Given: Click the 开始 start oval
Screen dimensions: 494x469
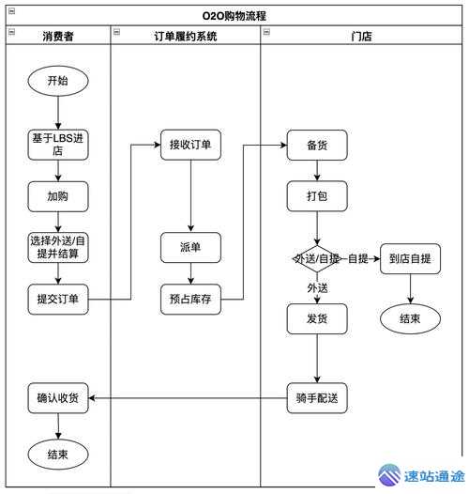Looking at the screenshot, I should pos(57,81).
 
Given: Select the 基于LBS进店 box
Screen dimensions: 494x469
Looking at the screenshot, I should pos(57,145).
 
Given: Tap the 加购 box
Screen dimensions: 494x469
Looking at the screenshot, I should pos(57,197).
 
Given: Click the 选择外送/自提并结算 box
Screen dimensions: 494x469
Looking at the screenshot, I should pos(57,247).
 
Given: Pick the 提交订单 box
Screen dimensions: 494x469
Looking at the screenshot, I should pos(57,300).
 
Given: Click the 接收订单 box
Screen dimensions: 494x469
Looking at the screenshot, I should pos(190,145).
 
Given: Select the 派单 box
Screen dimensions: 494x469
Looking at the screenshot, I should pos(190,248).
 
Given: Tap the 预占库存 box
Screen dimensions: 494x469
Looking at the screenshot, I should pos(190,300).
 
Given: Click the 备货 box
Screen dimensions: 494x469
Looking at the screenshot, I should pos(317,146).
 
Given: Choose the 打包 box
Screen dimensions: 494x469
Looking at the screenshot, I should pos(317,196).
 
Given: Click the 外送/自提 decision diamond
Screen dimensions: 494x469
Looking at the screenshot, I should pos(317,258).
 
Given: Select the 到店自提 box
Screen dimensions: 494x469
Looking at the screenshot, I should pos(409,258).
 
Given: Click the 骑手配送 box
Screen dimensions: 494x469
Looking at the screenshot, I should pos(317,398).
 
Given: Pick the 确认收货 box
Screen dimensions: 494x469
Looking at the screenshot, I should pos(57,398).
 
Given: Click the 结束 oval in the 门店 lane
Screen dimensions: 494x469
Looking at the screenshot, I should pos(409,318).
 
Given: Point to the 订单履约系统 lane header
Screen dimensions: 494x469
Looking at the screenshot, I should pos(185,36).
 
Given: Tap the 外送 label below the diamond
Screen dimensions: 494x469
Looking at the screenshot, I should pos(317,287).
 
